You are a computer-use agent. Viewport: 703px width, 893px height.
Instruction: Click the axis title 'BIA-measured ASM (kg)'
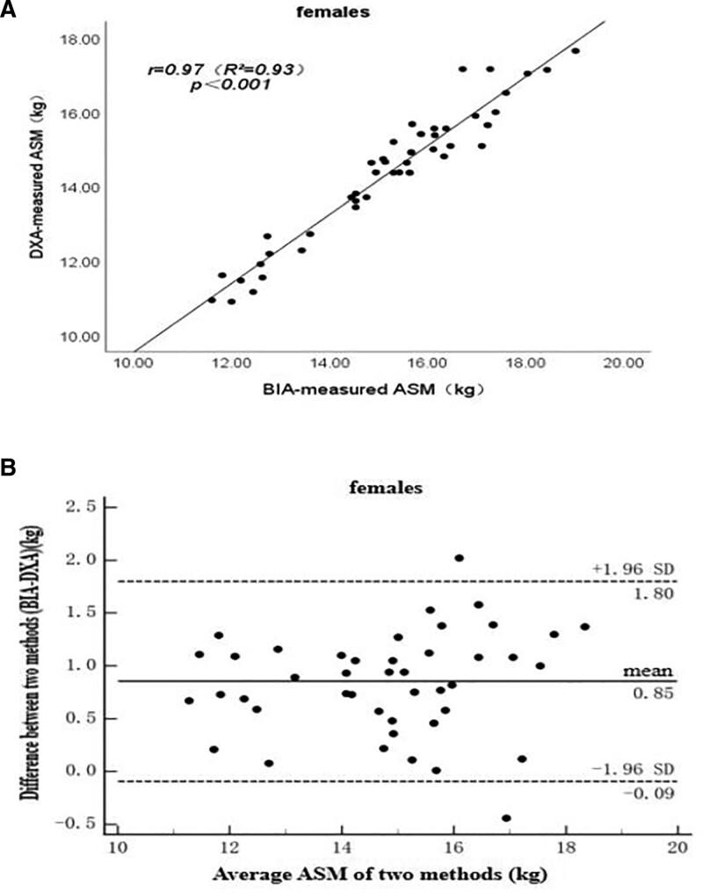click(x=375, y=387)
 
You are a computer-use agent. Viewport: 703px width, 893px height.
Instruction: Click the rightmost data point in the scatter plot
click(x=576, y=51)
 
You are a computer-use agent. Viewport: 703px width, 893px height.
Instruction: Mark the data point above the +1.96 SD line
click(x=459, y=558)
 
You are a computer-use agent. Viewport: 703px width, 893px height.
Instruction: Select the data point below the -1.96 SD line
click(x=506, y=818)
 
